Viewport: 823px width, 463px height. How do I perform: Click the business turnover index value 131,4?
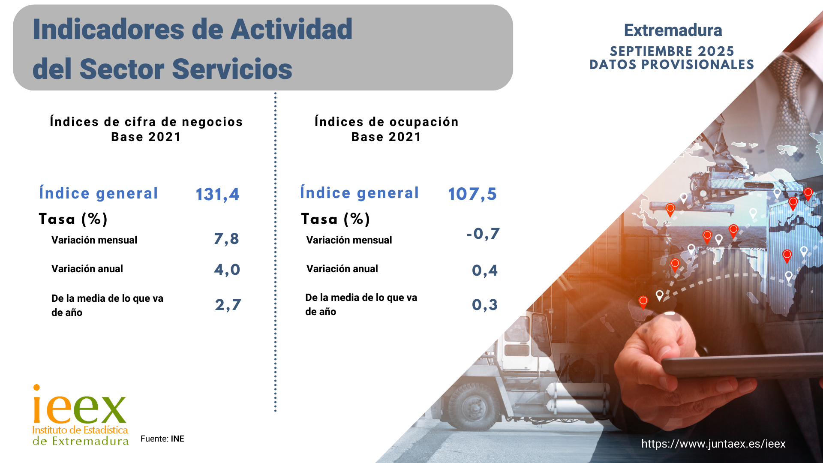(217, 194)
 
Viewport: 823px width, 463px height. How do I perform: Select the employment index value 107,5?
(472, 194)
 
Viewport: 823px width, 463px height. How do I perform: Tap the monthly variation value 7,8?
(226, 239)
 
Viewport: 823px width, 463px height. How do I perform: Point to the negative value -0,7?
(483, 234)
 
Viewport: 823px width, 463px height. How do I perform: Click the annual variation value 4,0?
(227, 270)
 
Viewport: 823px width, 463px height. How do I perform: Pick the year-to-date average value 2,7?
(228, 305)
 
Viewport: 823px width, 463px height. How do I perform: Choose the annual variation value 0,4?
(484, 271)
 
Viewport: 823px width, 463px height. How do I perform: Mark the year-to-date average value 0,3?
(484, 305)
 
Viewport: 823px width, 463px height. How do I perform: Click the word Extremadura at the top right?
(673, 30)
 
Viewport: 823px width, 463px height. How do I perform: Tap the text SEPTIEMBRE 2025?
(672, 51)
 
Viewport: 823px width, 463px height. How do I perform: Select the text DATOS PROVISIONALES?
(672, 65)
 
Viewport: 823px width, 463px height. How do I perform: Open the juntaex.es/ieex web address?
(713, 444)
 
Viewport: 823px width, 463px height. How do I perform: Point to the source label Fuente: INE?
(162, 439)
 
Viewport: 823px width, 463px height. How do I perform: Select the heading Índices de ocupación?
(386, 122)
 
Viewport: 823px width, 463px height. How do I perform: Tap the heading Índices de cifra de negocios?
(146, 122)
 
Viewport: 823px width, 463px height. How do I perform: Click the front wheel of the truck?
(474, 405)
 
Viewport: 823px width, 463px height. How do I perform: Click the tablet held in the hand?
(742, 367)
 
